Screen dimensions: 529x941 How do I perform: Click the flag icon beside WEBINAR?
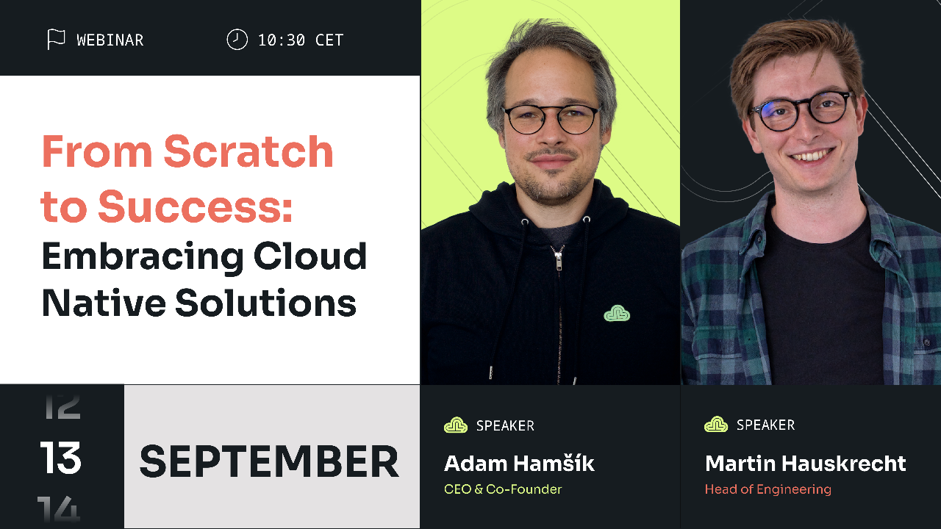(56, 40)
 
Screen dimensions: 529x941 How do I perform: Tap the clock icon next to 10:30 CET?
(237, 40)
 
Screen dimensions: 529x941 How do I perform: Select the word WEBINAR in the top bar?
(110, 40)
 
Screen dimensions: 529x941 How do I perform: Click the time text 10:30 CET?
(301, 40)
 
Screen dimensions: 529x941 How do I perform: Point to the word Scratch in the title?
(248, 152)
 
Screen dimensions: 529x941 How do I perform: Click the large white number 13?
(61, 459)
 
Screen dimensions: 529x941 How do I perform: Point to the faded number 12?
(62, 406)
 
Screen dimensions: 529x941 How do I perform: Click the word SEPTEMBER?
(269, 461)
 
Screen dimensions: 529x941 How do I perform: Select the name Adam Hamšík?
(519, 464)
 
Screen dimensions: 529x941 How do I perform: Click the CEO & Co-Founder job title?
(503, 489)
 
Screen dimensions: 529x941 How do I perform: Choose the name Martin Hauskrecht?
(805, 464)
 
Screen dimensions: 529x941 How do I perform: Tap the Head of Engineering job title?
(768, 489)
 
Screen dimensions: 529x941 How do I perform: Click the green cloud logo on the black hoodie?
(617, 314)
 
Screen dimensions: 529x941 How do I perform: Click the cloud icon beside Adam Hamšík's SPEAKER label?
(456, 425)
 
